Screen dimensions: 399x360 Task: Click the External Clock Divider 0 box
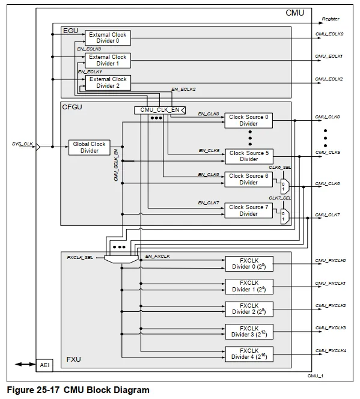point(108,38)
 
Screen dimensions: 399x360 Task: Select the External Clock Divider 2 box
point(108,82)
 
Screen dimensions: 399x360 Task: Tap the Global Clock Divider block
point(89,147)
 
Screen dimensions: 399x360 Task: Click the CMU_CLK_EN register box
point(159,110)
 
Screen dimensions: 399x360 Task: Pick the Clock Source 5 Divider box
point(248,156)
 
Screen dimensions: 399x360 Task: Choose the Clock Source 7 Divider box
point(248,210)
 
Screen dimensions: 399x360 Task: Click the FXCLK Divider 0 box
point(248,263)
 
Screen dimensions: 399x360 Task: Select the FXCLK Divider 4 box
point(248,354)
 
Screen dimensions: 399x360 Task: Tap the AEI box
point(44,365)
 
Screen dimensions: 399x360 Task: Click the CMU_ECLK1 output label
point(329,56)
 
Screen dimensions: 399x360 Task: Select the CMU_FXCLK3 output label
point(331,327)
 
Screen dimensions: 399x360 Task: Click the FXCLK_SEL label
point(79,257)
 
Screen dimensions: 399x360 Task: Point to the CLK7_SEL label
point(279,198)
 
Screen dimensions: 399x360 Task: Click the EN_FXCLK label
point(158,257)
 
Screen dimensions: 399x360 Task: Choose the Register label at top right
point(331,19)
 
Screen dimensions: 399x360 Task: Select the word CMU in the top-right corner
point(294,13)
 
